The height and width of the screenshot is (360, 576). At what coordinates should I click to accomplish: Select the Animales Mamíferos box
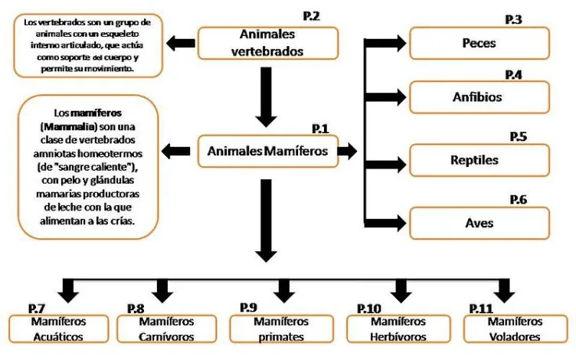coord(267,152)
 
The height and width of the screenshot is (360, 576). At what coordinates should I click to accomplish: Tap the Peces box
coord(479,44)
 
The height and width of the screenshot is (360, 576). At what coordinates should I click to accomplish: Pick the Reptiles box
coord(479,161)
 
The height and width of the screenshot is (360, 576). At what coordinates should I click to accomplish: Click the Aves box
coord(479,223)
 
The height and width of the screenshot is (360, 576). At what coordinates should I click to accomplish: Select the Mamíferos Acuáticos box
coord(58,329)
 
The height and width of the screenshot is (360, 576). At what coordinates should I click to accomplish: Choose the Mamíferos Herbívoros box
coord(398,329)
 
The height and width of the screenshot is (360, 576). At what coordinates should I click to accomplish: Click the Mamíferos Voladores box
coord(514,329)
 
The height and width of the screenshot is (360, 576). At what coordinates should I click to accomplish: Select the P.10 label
coord(369,308)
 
